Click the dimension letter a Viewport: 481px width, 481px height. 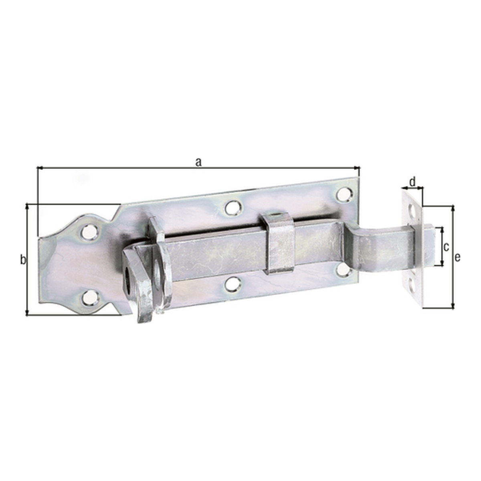click(x=198, y=162)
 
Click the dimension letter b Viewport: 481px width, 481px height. click(x=23, y=260)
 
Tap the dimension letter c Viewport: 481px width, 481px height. click(x=446, y=247)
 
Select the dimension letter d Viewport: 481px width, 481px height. click(x=413, y=182)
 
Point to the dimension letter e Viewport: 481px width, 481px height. click(x=457, y=257)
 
